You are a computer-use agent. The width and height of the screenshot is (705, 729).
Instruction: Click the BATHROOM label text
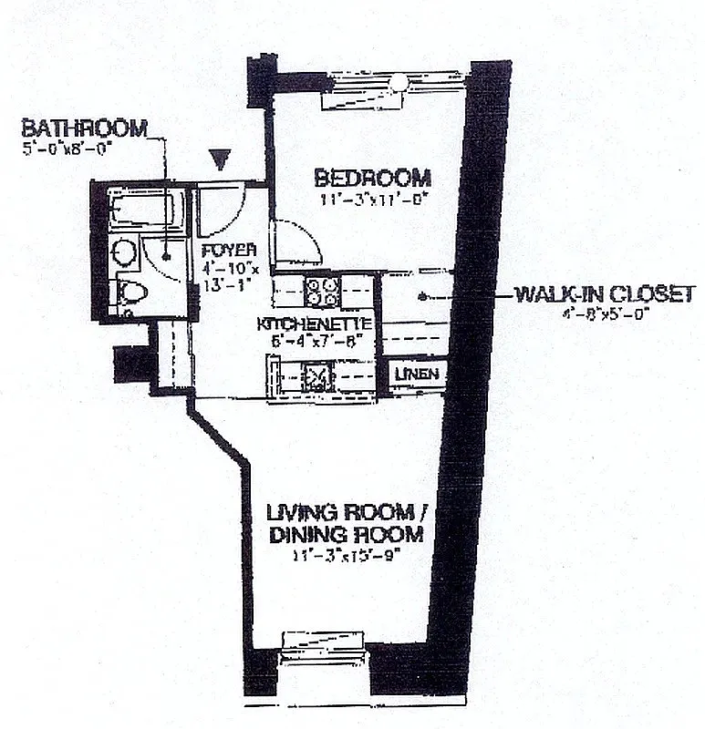84,128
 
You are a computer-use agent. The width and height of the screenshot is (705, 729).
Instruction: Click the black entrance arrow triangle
218,160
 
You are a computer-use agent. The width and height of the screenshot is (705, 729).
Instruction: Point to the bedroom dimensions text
373,200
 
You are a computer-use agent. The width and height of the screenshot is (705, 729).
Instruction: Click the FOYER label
222,249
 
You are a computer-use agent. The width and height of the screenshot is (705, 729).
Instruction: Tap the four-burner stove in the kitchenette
322,291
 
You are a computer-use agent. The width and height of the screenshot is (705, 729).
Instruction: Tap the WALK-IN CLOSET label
605,294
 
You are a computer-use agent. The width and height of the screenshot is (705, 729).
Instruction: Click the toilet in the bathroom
130,293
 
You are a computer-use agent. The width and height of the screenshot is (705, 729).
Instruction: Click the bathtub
140,210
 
